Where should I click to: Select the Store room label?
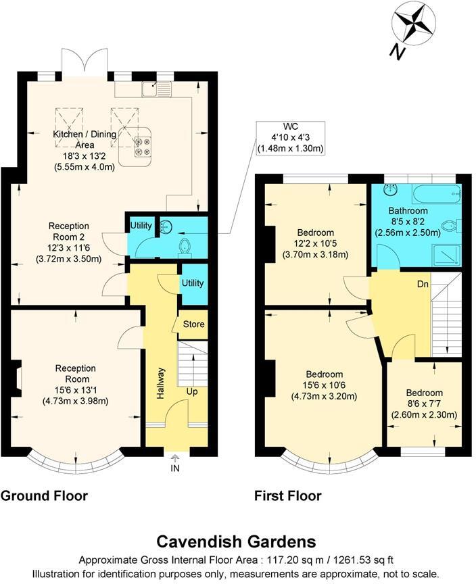coord(194,324)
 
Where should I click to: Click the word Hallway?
coord(161,383)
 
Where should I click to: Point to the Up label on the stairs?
coord(192,391)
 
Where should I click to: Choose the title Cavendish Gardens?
coord(236,541)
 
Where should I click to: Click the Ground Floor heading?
coord(44,496)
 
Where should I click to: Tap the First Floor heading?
coord(287,496)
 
